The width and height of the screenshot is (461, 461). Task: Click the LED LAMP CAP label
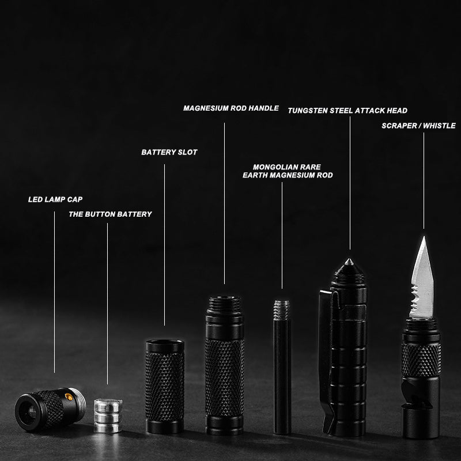(x=55, y=199)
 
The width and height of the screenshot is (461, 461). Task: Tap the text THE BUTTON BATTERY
(x=110, y=214)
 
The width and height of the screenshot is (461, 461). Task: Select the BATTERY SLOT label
(x=169, y=152)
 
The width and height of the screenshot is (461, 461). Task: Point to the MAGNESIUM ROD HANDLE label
(x=231, y=108)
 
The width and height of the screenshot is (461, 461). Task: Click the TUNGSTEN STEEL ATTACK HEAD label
(x=347, y=111)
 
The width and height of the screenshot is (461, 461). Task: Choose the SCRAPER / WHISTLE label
(x=419, y=126)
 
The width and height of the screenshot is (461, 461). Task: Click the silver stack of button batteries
(x=108, y=415)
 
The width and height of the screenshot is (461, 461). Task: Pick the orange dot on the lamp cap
(x=69, y=397)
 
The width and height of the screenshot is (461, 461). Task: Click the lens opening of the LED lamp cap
(x=31, y=413)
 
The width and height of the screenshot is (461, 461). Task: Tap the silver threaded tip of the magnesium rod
(x=282, y=310)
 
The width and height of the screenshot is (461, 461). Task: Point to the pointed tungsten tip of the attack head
(x=349, y=262)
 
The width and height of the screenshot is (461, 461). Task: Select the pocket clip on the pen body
(x=326, y=362)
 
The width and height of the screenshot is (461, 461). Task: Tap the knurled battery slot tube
(x=165, y=386)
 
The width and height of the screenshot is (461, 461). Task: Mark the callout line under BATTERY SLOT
(x=164, y=245)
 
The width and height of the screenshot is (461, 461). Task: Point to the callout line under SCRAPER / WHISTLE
(x=424, y=180)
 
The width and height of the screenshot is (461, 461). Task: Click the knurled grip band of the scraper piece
(x=421, y=359)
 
